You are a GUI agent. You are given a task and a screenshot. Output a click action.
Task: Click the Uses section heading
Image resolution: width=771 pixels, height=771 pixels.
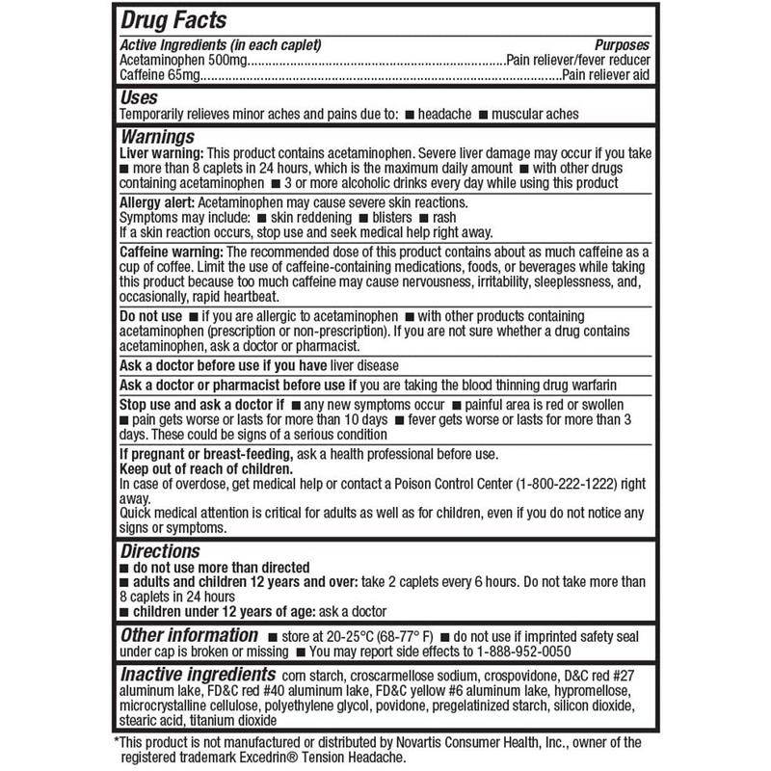(139, 97)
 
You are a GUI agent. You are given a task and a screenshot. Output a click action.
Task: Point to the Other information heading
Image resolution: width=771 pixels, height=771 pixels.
(187, 636)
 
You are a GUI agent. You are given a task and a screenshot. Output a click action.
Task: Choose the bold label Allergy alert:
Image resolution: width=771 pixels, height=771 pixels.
(155, 202)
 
